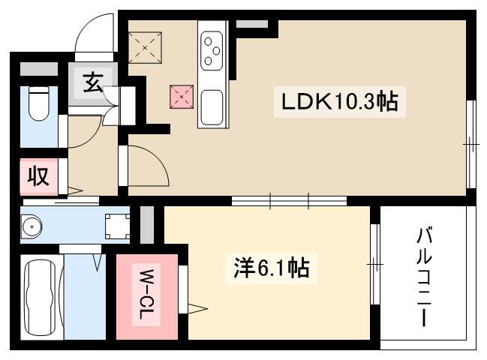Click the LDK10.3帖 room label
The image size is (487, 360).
pyautogui.click(x=339, y=102)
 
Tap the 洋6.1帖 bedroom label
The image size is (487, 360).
pyautogui.click(x=272, y=268)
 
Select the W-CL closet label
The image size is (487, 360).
pyautogui.click(x=146, y=295)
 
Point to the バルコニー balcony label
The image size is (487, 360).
pyautogui.click(x=424, y=277)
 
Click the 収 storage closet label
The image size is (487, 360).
pyautogui.click(x=38, y=176)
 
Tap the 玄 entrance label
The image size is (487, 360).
pyautogui.click(x=93, y=82)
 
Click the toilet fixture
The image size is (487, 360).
pyautogui.click(x=39, y=103)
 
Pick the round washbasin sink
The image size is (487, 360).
pyautogui.click(x=32, y=226)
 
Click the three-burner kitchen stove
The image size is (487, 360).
pyautogui.click(x=212, y=51)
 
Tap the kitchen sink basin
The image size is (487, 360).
pyautogui.click(x=212, y=108)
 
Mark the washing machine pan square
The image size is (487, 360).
pyautogui.click(x=117, y=226)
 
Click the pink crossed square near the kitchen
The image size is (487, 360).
pyautogui.click(x=182, y=97)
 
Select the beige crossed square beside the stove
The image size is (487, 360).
pyautogui.click(x=145, y=48)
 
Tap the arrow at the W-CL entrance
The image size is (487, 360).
pyautogui.click(x=197, y=308)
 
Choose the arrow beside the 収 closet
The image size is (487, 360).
pyautogui.click(x=75, y=190)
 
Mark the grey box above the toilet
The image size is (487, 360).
pyautogui.click(x=39, y=69)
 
